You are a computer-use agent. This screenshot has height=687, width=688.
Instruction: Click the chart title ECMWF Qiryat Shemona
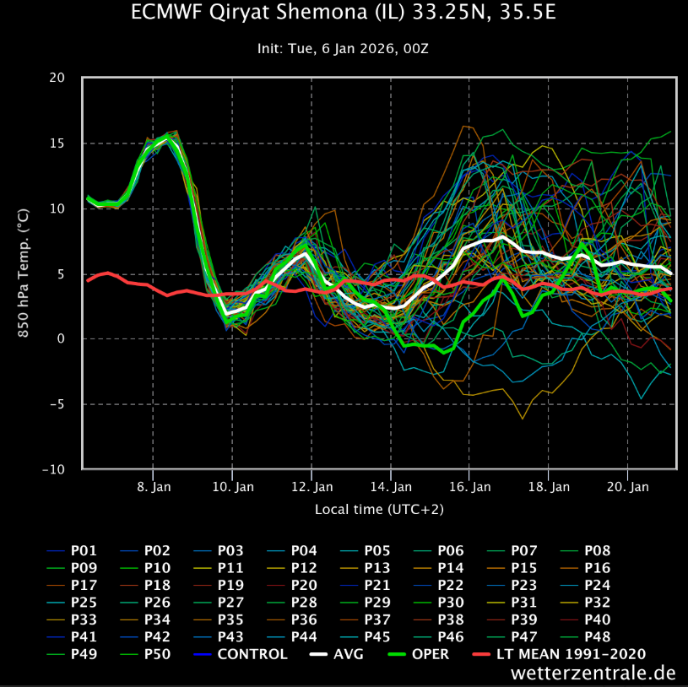coord(344,14)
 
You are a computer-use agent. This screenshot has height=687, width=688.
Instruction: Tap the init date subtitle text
coord(344,49)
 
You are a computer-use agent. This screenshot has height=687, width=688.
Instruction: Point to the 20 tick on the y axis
coord(57,78)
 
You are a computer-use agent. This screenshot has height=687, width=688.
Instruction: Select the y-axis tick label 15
coord(57,143)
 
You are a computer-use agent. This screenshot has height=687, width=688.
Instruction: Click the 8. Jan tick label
coord(153,487)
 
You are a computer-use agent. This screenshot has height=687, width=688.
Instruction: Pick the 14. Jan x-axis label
coord(391,487)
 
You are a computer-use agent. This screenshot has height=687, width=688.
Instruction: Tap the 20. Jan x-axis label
coord(629,487)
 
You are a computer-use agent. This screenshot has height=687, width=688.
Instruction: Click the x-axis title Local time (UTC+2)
coord(379,510)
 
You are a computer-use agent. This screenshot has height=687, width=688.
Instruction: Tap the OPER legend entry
coord(429,653)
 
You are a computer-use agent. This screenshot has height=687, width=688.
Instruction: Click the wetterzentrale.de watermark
coord(593,673)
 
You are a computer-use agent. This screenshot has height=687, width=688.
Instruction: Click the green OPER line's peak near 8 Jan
coord(168,137)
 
